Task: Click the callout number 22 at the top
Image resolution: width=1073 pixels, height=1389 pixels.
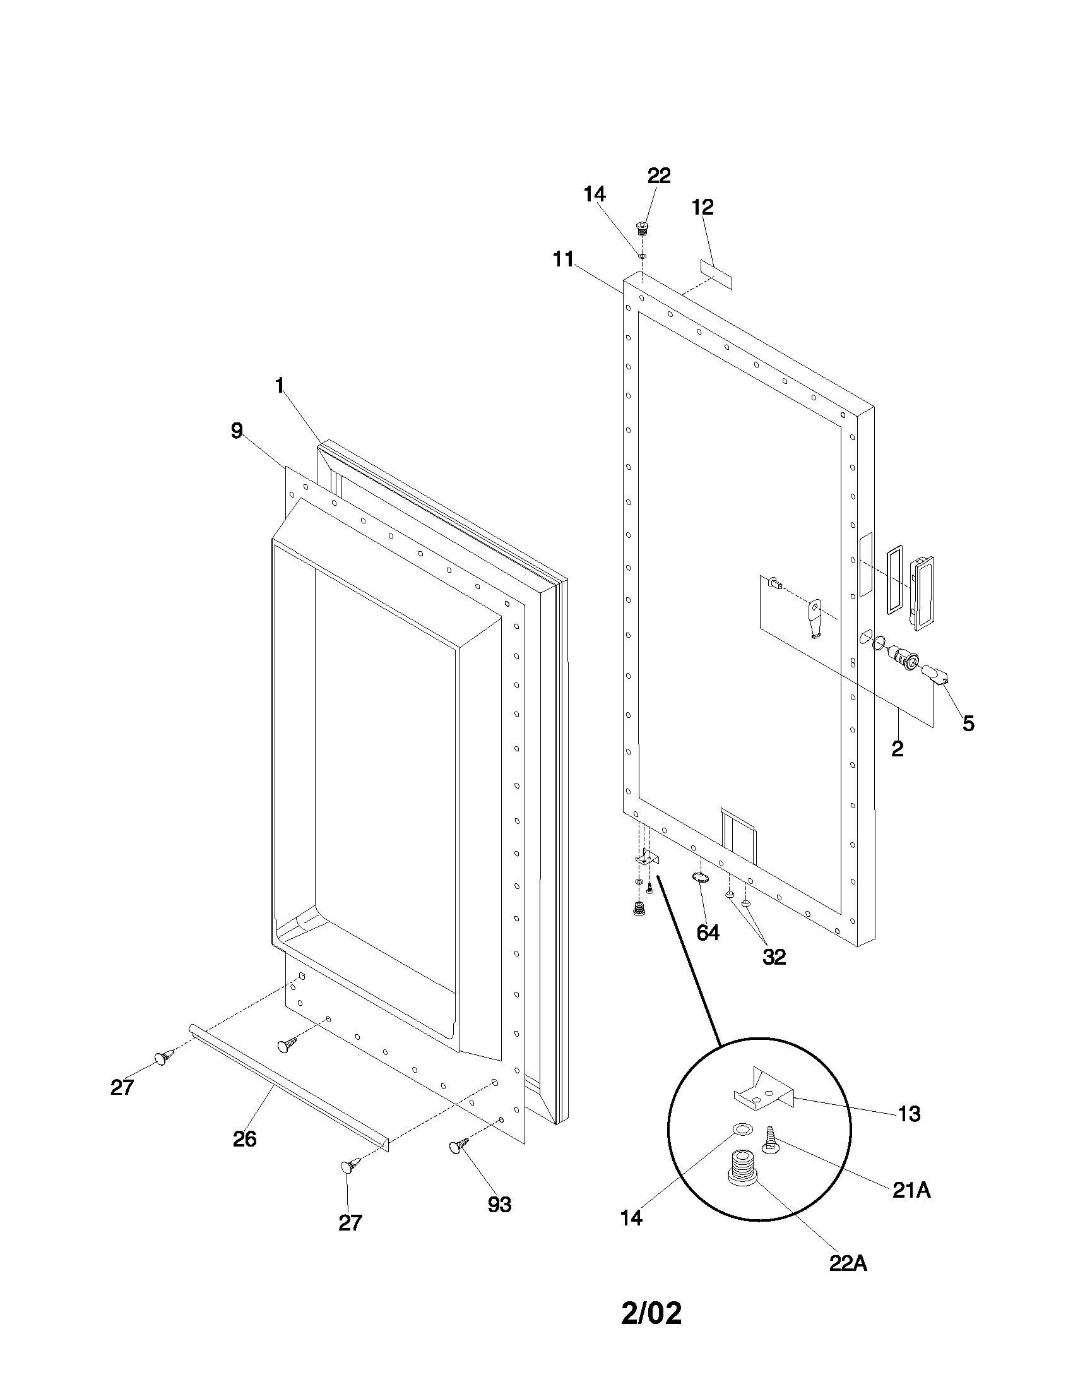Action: pos(658,176)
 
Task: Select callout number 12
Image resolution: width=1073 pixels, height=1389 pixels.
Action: pos(703,207)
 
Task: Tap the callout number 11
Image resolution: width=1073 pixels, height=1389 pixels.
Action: pos(563,259)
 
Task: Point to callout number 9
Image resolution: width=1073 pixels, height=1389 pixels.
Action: pos(237,431)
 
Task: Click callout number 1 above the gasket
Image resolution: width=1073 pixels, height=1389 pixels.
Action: pos(279,385)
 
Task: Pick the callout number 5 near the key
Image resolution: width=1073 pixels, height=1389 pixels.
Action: pos(968,723)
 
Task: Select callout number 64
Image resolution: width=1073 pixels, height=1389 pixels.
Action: pos(708,933)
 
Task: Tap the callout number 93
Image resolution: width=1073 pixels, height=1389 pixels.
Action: pos(499,1204)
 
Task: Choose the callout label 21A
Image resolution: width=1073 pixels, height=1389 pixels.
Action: pos(911,1191)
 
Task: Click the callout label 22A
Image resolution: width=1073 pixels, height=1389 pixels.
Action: pos(848,1264)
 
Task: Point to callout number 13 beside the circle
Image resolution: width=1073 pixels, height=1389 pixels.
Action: pos(909,1114)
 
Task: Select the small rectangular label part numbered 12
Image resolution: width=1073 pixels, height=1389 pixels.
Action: pos(716,274)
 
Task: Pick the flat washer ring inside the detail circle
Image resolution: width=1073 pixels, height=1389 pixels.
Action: pos(741,1130)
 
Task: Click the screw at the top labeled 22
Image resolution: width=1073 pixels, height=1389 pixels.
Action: pos(642,228)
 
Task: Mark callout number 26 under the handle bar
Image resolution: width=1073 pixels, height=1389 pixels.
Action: pos(244,1139)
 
